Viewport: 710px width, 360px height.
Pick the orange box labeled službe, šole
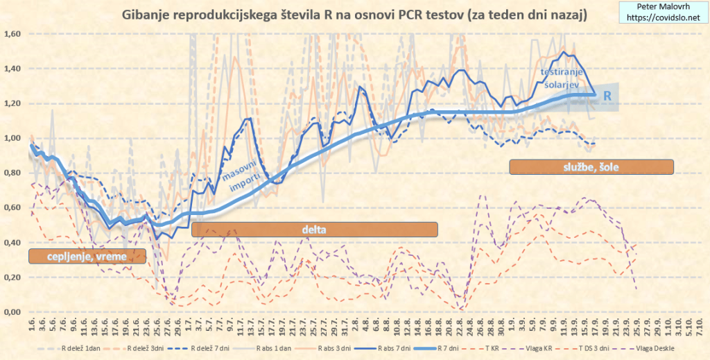click(591, 167)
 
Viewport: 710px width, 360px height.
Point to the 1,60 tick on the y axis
click(13, 33)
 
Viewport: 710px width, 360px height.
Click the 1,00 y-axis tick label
click(13, 138)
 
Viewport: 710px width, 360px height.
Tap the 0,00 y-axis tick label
click(13, 312)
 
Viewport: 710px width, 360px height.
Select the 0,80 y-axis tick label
click(13, 173)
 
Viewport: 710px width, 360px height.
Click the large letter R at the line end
click(607, 96)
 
